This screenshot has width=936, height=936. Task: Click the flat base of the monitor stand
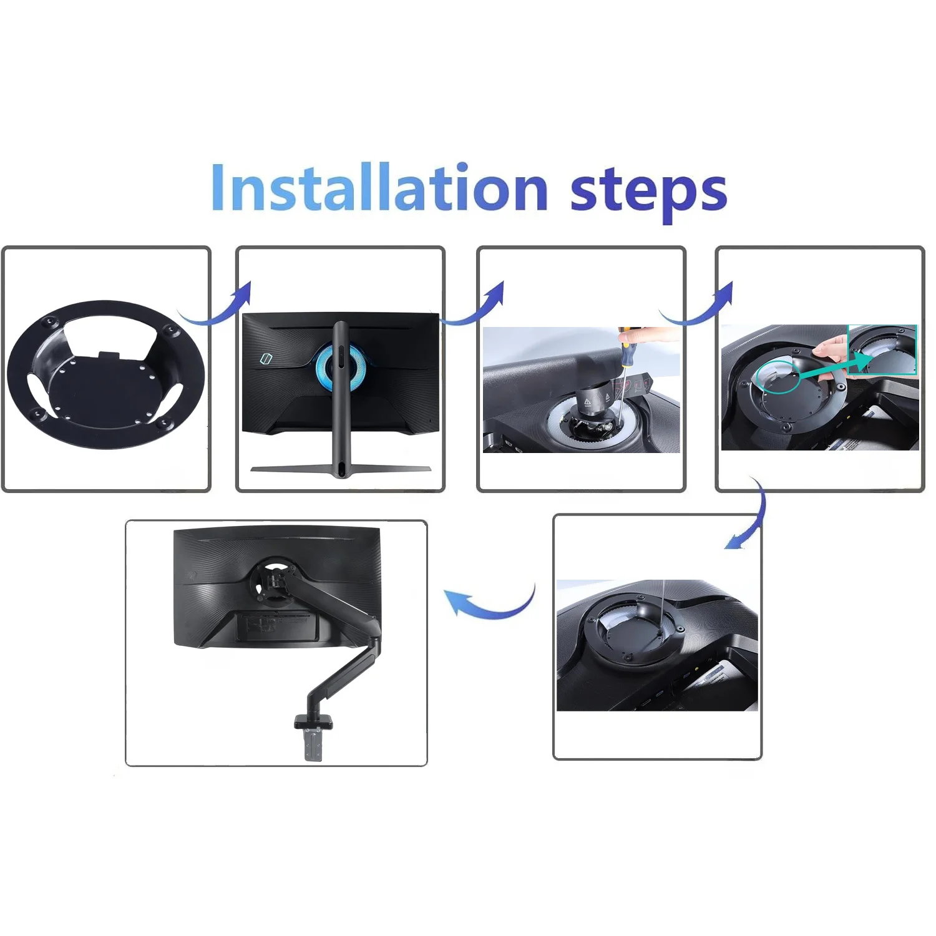click(340, 469)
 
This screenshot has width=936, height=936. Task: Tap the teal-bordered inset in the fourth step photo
click(882, 349)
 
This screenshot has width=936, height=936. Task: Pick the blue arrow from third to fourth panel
click(696, 310)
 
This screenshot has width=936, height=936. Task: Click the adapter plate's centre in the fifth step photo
click(633, 631)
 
